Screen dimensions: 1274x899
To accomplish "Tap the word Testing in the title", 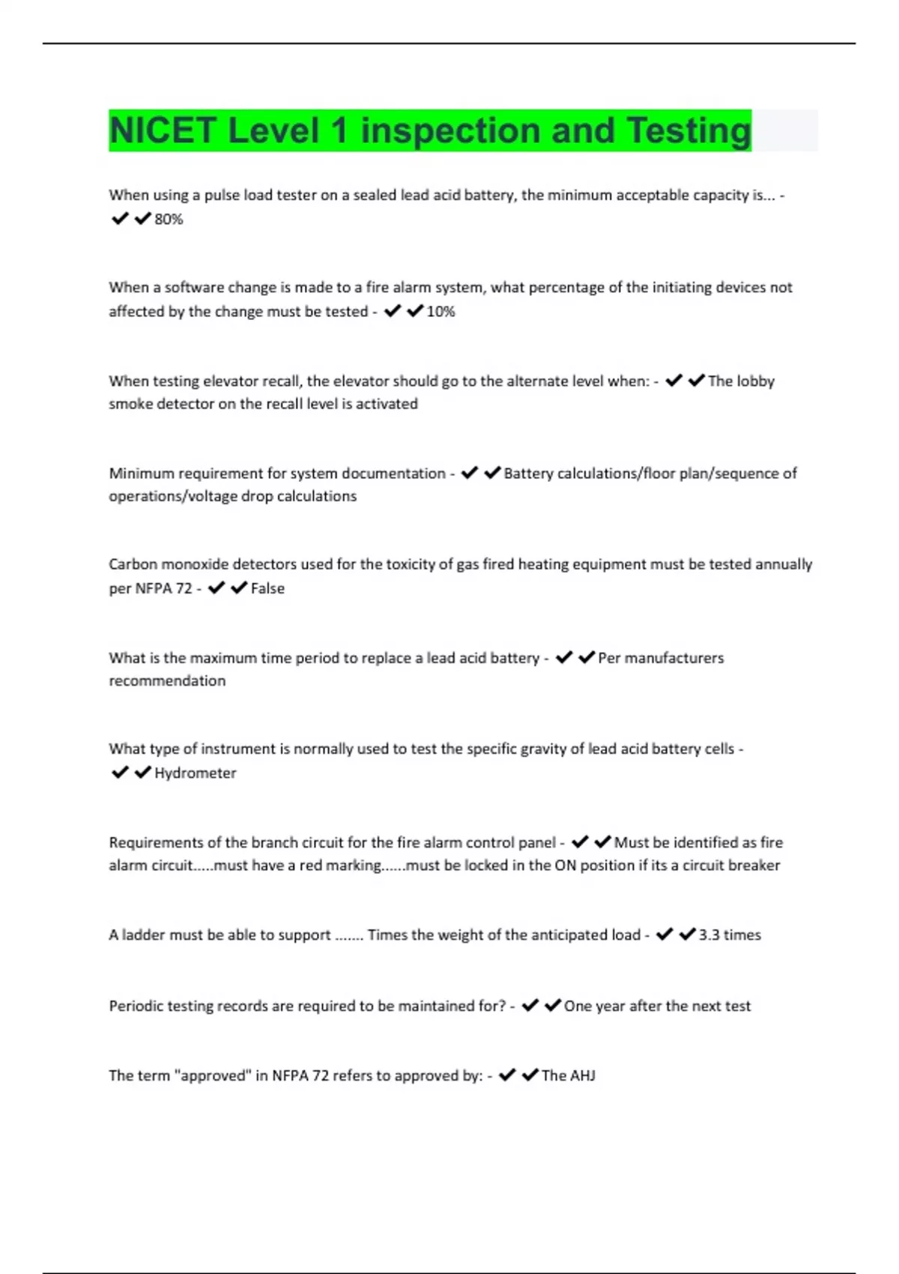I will point(688,130).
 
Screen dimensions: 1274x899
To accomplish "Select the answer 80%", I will point(169,219).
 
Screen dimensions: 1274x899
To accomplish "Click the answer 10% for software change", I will point(441,311).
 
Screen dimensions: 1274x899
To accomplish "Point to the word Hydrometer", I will point(195,773).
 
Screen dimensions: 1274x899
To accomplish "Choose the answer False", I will point(267,588).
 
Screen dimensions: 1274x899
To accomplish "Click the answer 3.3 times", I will point(730,935).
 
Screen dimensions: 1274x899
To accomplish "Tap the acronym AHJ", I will point(582,1075).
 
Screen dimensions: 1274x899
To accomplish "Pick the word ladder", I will point(143,935).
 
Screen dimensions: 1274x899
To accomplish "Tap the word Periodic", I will point(136,1006).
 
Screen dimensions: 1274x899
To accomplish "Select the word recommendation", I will point(167,680).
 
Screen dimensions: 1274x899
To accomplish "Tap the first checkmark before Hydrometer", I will point(120,773).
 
